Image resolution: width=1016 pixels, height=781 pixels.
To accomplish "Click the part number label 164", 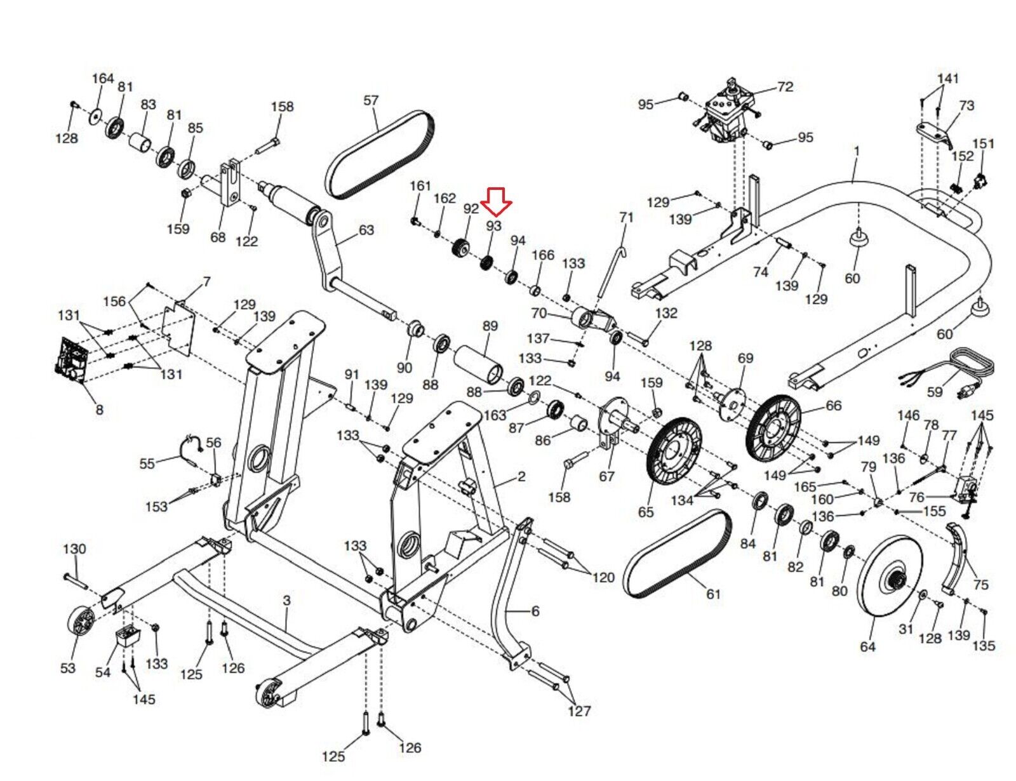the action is pyautogui.click(x=102, y=78).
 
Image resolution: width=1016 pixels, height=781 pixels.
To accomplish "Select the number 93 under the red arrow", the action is pyautogui.click(x=493, y=226).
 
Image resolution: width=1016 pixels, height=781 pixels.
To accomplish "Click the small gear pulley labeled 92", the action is pyautogui.click(x=461, y=247).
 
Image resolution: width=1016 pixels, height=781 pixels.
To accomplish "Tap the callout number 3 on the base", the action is pyautogui.click(x=286, y=599).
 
